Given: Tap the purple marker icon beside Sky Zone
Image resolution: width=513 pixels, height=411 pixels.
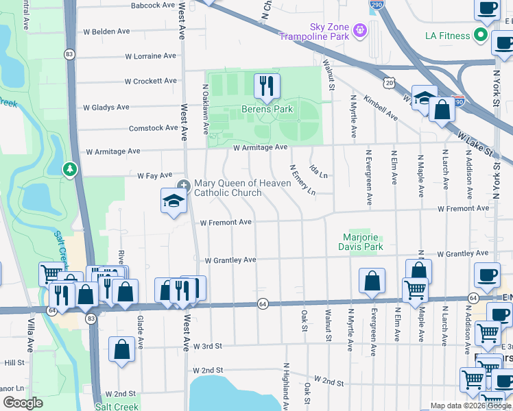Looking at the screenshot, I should coord(360,30).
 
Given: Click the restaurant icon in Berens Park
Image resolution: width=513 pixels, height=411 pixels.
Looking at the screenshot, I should coord(265,86).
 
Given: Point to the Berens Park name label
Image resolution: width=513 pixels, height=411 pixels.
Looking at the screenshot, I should coord(267,110).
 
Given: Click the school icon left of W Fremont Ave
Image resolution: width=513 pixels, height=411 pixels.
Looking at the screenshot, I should coord(174,201).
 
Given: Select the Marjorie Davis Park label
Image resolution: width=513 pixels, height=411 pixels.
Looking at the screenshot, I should coord(363,242).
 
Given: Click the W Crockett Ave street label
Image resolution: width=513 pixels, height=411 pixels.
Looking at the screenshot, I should coord(151,81).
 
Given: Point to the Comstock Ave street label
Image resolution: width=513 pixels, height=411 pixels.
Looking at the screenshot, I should coord(154,127).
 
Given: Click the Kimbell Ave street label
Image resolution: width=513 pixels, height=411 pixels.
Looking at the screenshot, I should coord(381,108).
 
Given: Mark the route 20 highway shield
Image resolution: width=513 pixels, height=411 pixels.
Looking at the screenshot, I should coord(389,83).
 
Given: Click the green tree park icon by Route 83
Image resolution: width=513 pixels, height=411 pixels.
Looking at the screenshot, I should coord(69,169).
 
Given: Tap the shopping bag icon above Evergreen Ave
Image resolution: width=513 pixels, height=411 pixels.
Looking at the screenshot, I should coord(372,280).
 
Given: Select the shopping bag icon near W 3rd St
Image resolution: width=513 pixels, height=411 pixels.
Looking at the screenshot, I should coord(121,349).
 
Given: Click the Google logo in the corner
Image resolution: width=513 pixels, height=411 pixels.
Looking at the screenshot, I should coord(23,403).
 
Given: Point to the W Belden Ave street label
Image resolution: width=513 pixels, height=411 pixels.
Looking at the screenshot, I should coord(106,32).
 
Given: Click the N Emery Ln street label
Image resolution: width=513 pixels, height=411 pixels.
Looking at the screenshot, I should coord(302,179).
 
